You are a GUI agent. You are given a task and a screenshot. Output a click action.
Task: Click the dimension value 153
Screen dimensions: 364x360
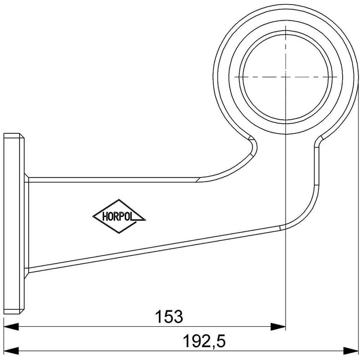[x=169, y=316]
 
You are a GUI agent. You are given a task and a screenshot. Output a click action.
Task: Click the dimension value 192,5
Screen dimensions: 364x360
[x=204, y=341]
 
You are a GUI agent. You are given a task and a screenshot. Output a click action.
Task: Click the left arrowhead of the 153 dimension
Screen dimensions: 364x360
[x=11, y=327]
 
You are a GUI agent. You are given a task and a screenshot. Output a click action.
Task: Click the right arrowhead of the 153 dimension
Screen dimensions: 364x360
[x=278, y=327]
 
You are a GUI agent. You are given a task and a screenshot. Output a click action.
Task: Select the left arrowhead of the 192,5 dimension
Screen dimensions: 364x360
[x=11, y=351]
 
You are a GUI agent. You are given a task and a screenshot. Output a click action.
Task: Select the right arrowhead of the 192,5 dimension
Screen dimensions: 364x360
[x=351, y=351]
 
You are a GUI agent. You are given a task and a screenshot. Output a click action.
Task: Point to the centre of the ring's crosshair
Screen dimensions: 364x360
[x=286, y=77]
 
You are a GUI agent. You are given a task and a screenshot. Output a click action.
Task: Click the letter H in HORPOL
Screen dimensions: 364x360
[x=105, y=217]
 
